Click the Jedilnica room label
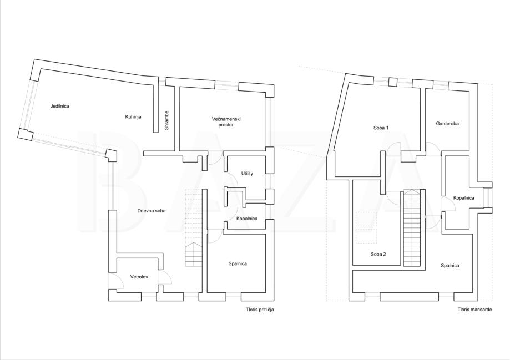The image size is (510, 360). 59,106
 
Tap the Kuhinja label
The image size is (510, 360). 133,117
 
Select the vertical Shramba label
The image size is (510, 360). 166,121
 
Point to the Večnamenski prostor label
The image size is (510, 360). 226,122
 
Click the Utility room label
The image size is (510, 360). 247,174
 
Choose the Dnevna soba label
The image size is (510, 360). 152,211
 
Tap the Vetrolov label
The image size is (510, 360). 139,277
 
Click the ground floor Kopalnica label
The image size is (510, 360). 247,219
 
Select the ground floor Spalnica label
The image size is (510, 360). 238,263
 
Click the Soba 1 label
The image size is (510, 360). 381,128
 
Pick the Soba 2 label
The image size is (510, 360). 378,254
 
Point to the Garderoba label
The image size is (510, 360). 447,124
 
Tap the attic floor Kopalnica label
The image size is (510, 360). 463,198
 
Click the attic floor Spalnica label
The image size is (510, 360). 450,266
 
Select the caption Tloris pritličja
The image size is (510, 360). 260,310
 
